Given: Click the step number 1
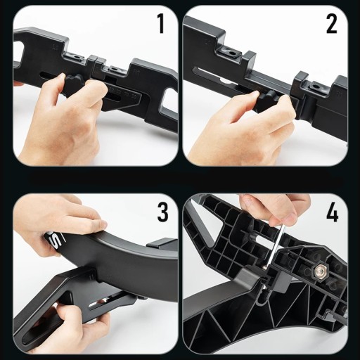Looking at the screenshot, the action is (x=161, y=23).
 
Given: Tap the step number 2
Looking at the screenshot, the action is (x=331, y=23).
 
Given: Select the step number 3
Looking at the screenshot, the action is (x=162, y=212).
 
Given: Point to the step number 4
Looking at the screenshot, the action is (x=333, y=212).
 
